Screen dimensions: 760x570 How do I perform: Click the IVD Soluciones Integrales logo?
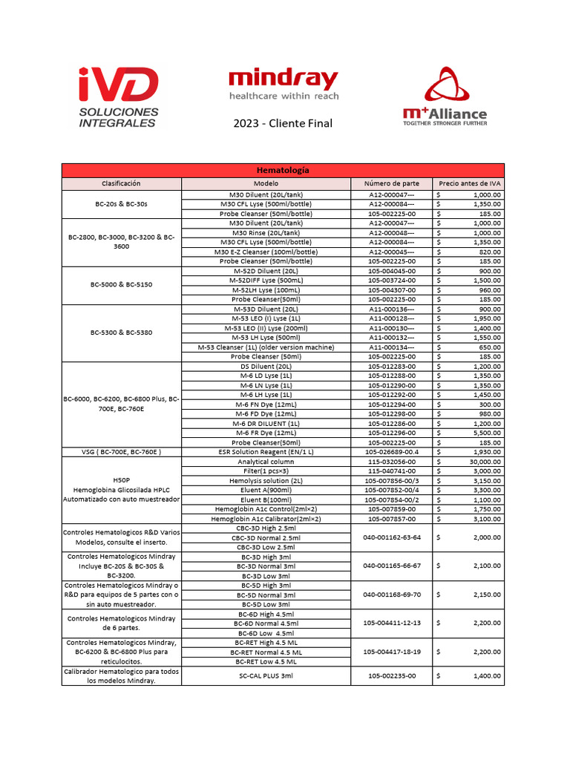(118, 96)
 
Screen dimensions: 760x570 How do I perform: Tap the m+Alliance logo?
(445, 97)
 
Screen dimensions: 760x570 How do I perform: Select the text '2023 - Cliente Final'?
(283, 122)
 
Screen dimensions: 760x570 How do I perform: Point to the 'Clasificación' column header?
(121, 183)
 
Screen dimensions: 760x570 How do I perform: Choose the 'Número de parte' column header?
(391, 183)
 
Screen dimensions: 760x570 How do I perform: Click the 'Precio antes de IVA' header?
(468, 183)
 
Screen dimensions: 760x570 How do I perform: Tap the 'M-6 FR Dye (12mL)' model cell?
(266, 433)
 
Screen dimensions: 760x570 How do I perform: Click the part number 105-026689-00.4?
(391, 452)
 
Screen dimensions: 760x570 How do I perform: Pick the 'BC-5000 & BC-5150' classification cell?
(121, 285)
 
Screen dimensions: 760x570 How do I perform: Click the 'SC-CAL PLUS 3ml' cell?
(266, 676)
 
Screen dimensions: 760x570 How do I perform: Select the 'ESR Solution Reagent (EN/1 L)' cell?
(266, 452)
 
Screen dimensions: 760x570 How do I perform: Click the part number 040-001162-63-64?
(391, 537)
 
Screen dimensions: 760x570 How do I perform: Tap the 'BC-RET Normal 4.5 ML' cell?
(266, 652)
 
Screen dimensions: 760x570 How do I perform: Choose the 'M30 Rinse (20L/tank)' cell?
(266, 232)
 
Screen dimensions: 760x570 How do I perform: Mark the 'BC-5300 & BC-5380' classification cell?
(121, 333)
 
